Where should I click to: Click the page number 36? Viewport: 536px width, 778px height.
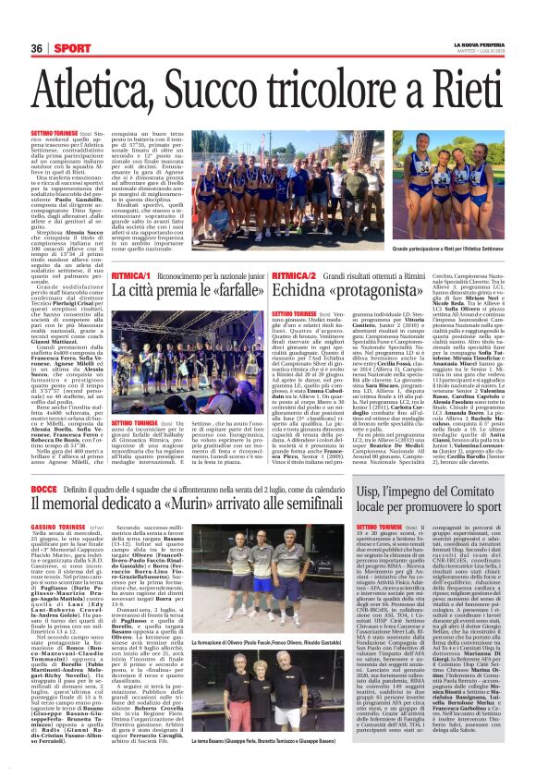37,48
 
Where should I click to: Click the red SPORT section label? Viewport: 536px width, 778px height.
67,48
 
